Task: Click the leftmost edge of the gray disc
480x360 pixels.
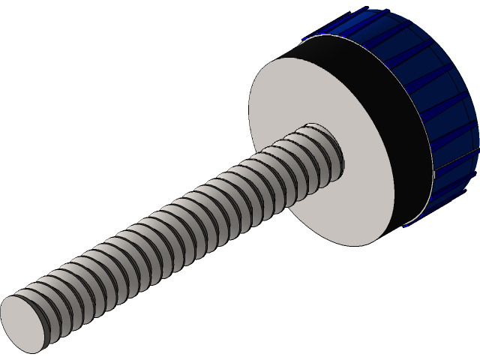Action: [250, 120]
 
